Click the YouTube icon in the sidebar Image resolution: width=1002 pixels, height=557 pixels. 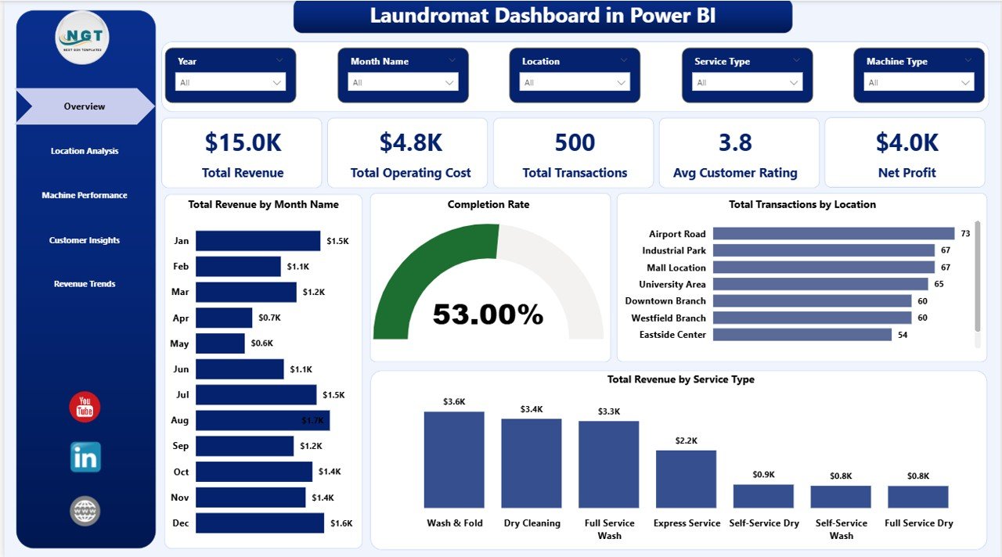coord(85,408)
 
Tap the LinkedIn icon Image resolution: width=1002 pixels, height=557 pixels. coord(85,458)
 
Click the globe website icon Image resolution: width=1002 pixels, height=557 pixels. coord(85,511)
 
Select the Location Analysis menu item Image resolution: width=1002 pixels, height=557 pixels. coord(85,151)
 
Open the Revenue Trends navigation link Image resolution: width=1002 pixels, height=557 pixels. coord(85,284)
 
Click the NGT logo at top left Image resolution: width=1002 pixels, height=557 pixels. coord(82,38)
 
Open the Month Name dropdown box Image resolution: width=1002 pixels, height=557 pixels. coord(402,82)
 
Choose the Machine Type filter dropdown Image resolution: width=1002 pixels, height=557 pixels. coord(918,82)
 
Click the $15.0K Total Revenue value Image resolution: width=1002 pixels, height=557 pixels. coord(243,142)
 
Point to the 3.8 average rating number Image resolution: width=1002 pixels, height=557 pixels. coord(735,142)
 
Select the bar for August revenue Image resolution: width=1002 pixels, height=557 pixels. coord(262,421)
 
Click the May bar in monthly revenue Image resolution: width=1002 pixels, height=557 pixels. coord(220,343)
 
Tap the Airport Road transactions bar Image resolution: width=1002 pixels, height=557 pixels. coord(834,234)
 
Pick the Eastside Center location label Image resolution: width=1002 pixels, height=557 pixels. coord(672,335)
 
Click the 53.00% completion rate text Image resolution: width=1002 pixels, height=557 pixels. coord(488,314)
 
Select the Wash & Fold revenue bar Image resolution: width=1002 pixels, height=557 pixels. coord(454,460)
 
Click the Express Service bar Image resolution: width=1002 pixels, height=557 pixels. coord(686,479)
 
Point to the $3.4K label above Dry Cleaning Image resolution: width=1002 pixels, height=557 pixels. coord(531,409)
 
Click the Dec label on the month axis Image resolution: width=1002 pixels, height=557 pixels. coord(180,523)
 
